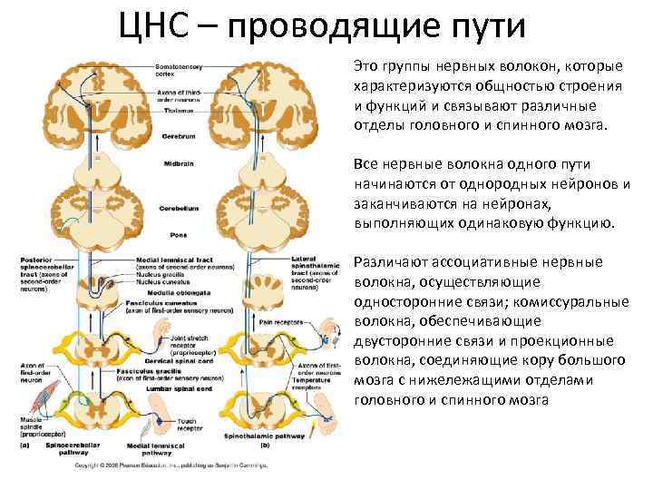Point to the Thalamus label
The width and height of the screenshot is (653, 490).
tap(178, 110)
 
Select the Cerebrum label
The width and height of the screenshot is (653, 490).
tap(180, 135)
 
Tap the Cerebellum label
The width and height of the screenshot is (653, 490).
tap(180, 208)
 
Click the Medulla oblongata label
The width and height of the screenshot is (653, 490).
tap(180, 291)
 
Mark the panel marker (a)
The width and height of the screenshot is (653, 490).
tap(28, 446)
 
